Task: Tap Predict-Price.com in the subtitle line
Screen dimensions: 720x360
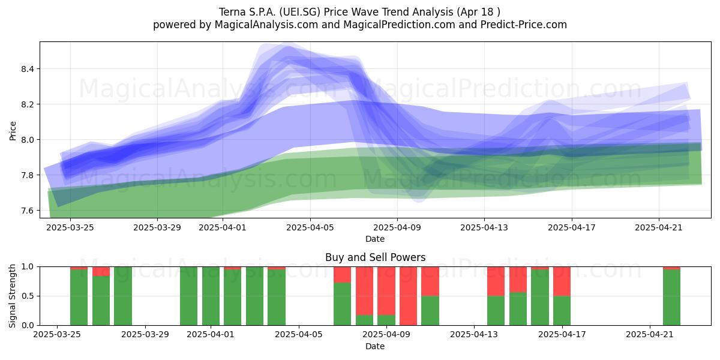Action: coord(524,25)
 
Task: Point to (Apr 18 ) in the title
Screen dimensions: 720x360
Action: coord(478,12)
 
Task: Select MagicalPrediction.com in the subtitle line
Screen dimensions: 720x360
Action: coord(399,25)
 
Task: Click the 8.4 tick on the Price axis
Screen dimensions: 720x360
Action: coord(28,69)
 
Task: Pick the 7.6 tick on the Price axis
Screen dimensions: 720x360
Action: coord(28,211)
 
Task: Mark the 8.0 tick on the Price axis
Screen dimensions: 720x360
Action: coord(28,140)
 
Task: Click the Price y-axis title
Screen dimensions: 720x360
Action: coord(13,131)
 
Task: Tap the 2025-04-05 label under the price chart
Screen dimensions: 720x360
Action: coord(310,227)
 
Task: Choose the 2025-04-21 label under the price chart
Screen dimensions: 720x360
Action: coord(659,227)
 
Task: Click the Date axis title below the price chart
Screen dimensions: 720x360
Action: coord(375,239)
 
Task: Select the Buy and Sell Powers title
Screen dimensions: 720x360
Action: coord(375,257)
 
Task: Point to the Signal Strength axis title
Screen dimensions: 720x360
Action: coord(12,296)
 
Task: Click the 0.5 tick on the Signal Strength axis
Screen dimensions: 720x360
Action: coord(28,296)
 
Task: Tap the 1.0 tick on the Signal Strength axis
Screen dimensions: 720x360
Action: coord(28,267)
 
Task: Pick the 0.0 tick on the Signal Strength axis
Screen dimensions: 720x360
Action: coord(28,325)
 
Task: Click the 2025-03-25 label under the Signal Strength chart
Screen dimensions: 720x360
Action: coord(57,335)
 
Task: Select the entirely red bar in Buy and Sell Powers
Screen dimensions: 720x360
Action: coord(408,296)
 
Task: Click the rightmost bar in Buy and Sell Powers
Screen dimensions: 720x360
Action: coord(671,296)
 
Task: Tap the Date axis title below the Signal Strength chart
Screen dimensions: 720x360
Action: coord(375,346)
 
